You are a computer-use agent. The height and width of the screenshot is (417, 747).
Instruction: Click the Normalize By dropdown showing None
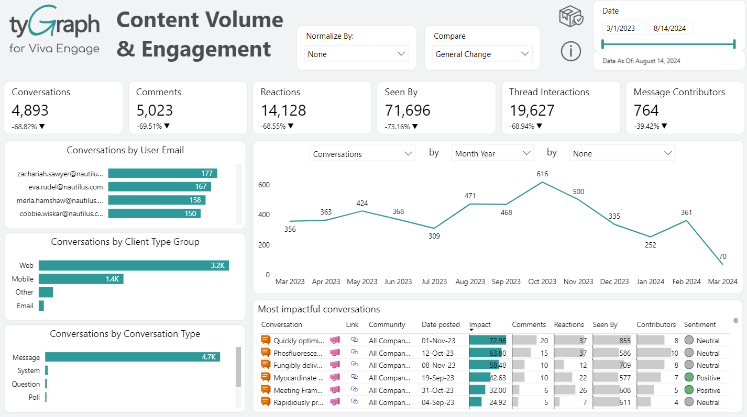coord(356,54)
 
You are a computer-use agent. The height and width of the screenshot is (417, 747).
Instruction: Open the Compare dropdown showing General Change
coord(482,54)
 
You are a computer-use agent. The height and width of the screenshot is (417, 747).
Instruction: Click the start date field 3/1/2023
coord(624,28)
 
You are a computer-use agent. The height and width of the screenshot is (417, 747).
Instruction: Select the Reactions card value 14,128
coord(283,110)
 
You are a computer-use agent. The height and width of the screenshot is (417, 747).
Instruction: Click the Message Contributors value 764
coord(646,110)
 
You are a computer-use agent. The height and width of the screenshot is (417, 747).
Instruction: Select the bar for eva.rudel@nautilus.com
coord(159,187)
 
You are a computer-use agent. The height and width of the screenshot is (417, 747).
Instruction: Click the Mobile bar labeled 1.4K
coord(81,279)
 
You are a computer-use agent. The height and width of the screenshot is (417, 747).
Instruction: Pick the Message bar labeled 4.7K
coord(132,357)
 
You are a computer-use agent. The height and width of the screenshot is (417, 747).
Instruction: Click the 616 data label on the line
coord(542,174)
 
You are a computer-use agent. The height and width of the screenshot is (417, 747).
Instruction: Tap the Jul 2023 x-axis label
coord(434,281)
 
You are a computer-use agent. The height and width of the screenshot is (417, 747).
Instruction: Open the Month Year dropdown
coord(492,153)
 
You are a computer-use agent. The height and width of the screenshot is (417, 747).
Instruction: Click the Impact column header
coord(480,324)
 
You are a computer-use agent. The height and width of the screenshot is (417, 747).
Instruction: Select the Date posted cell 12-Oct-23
coord(438,353)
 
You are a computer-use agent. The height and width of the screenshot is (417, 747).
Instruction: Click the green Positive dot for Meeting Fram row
coord(689,390)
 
